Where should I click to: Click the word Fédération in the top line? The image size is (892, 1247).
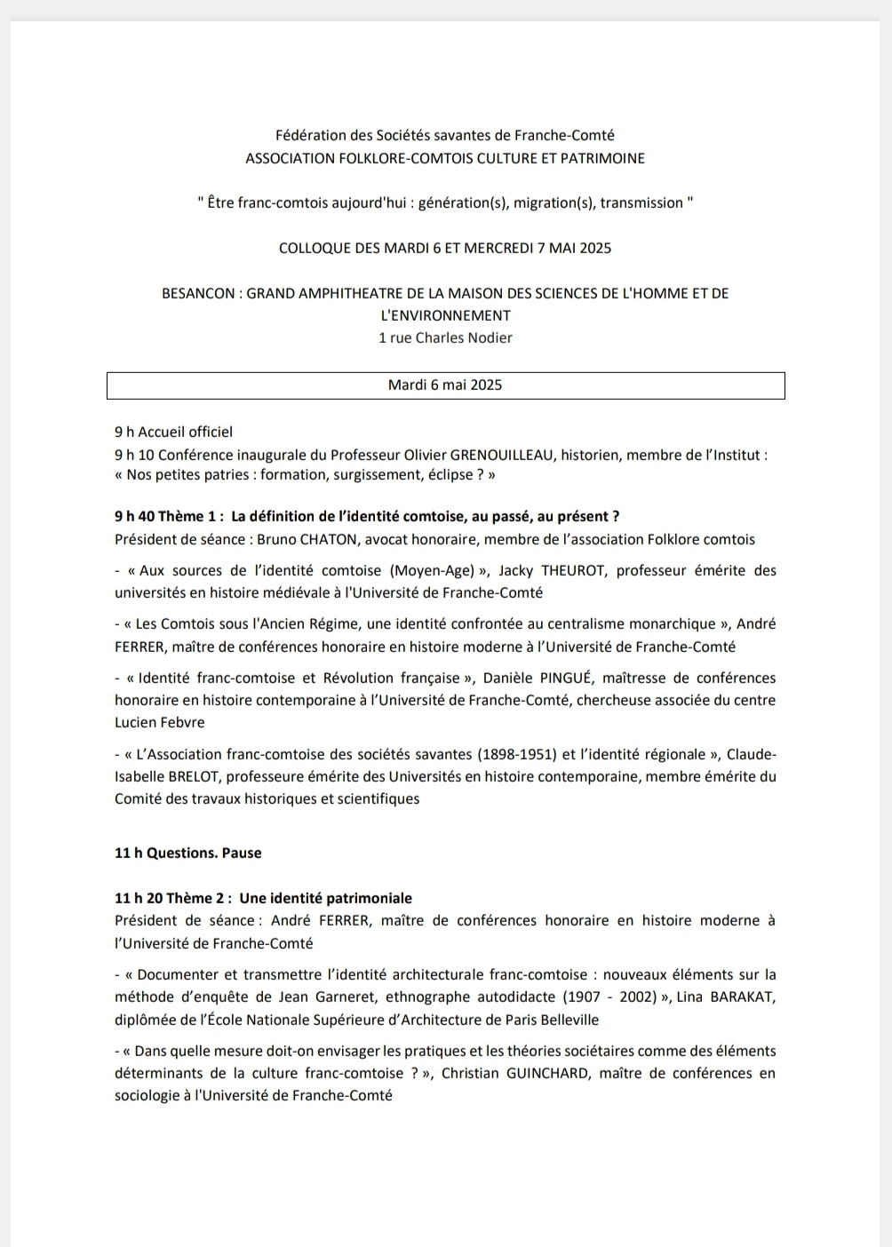tap(311, 136)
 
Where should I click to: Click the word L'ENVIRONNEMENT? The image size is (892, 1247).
tap(445, 315)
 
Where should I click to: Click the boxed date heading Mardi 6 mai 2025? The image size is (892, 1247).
tap(445, 385)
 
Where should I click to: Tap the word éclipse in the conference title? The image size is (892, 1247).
tap(448, 475)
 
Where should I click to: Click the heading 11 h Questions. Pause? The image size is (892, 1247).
tap(188, 854)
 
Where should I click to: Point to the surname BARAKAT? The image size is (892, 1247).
tap(743, 997)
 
